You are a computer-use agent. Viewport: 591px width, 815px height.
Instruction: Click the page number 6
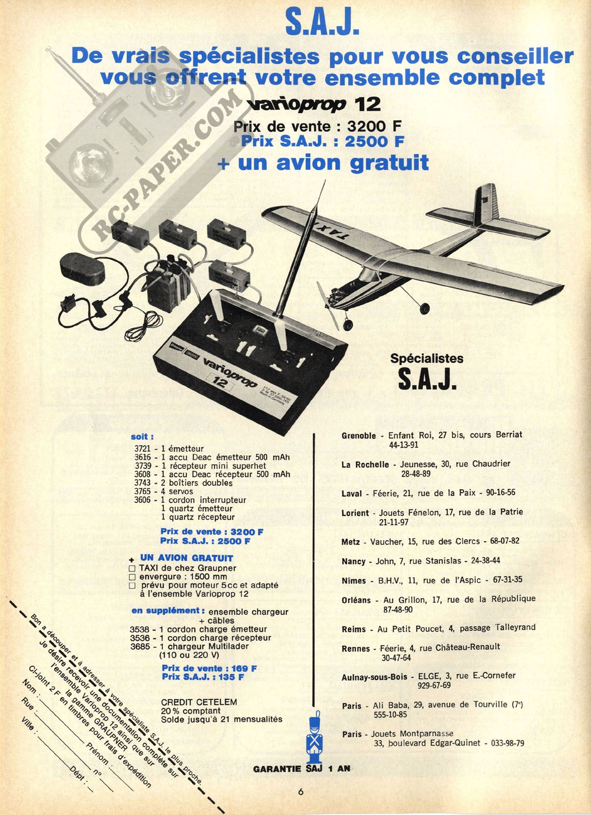(301, 792)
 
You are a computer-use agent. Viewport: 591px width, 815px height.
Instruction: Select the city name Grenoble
(359, 436)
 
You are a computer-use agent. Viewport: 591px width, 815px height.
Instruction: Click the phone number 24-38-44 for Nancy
(486, 561)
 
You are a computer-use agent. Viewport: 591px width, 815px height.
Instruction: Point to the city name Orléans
(356, 601)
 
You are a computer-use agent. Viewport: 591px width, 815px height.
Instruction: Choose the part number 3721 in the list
(142, 449)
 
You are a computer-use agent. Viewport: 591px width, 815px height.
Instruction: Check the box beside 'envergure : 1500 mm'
(132, 577)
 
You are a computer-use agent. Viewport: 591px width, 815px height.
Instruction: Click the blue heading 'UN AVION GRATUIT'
(186, 558)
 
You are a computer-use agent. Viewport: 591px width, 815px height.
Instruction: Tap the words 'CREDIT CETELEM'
(199, 702)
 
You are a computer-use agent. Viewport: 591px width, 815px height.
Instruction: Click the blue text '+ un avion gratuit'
(323, 162)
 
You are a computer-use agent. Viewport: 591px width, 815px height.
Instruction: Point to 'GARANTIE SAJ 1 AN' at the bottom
(302, 769)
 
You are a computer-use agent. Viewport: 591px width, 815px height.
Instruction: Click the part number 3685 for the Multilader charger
(139, 646)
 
